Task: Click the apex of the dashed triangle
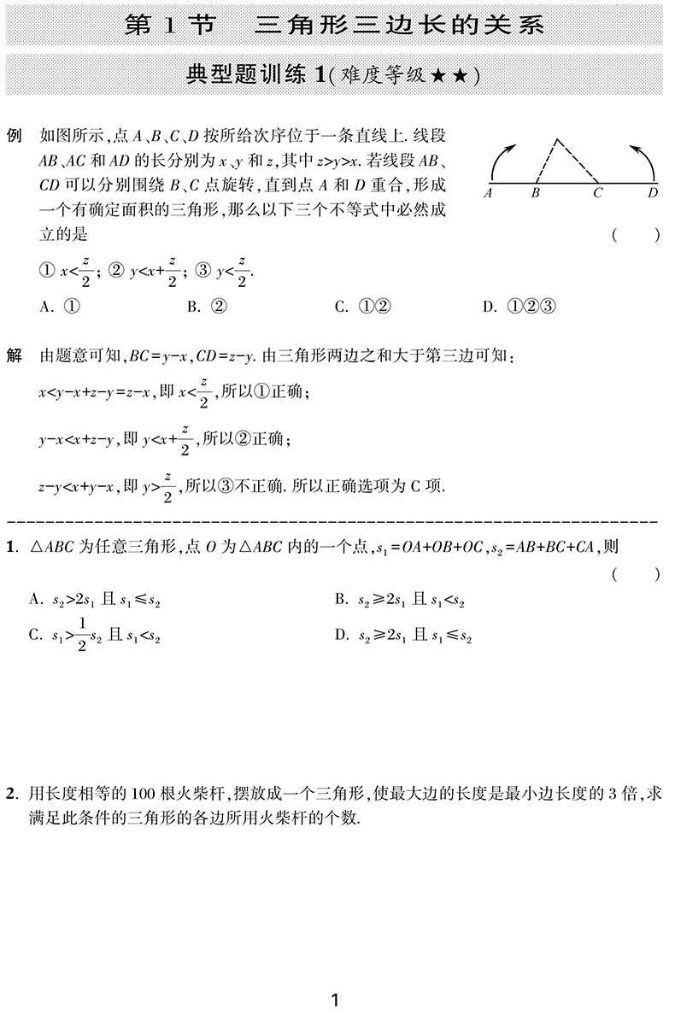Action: pyautogui.click(x=556, y=139)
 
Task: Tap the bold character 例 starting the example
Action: pyautogui.click(x=14, y=136)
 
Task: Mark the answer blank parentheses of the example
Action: pyautogui.click(x=636, y=236)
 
